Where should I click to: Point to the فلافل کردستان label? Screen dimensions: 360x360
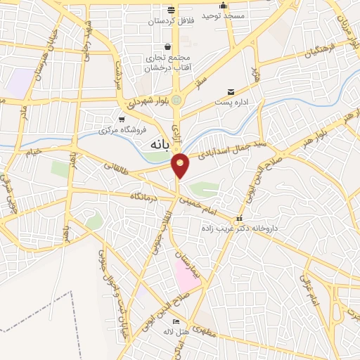click(169, 21)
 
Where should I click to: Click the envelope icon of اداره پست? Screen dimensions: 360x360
click(231, 92)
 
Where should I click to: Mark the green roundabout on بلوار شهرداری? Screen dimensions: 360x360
click(176, 101)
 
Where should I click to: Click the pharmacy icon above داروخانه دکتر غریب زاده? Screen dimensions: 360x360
click(240, 218)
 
